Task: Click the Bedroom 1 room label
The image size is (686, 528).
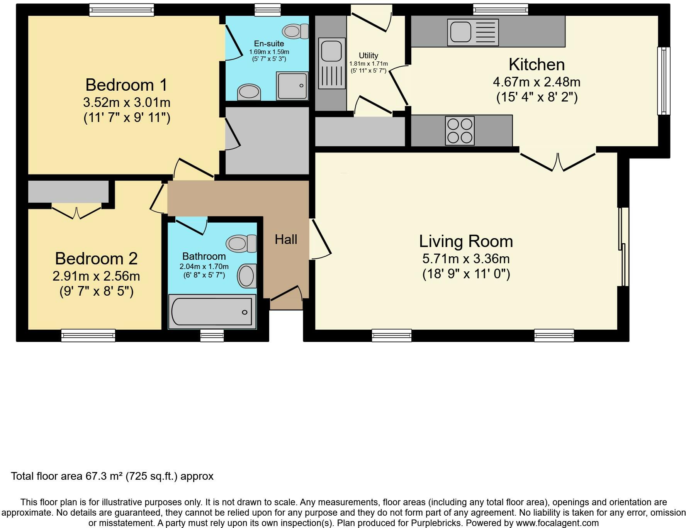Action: tap(127, 85)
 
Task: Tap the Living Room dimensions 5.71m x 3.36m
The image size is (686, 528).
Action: tap(466, 259)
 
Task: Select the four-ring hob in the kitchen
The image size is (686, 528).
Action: tap(460, 131)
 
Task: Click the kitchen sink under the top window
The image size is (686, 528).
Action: tap(473, 32)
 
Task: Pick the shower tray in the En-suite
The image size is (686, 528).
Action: tap(292, 85)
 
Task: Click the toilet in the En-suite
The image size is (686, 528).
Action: tap(295, 31)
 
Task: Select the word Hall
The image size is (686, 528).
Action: tap(286, 240)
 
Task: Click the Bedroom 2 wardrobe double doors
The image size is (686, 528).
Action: tap(76, 212)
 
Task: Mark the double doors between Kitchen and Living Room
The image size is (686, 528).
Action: tap(558, 162)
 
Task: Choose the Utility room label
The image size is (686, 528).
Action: tap(368, 56)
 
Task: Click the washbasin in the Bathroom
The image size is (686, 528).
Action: tap(247, 276)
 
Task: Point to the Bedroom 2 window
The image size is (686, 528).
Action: tap(88, 335)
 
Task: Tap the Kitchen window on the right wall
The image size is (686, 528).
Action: tap(664, 81)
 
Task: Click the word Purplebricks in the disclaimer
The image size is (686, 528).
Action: tap(439, 523)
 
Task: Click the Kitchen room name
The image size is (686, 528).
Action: tap(537, 64)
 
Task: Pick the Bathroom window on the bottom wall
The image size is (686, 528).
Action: tap(212, 335)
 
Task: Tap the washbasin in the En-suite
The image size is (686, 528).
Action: tap(249, 92)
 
